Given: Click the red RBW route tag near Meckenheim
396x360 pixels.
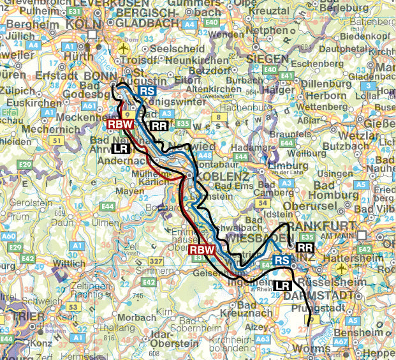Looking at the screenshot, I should pyautogui.click(x=119, y=125).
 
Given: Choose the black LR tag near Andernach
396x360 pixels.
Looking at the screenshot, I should pyautogui.click(x=119, y=148).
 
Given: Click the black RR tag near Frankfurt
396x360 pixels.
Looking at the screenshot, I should pyautogui.click(x=305, y=246).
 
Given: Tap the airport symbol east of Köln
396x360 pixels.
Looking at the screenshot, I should pyautogui.click(x=131, y=47).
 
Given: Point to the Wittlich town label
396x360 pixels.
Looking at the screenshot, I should pyautogui.click(x=70, y=262).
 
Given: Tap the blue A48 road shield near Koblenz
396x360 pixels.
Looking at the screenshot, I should pyautogui.click(x=205, y=156).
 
